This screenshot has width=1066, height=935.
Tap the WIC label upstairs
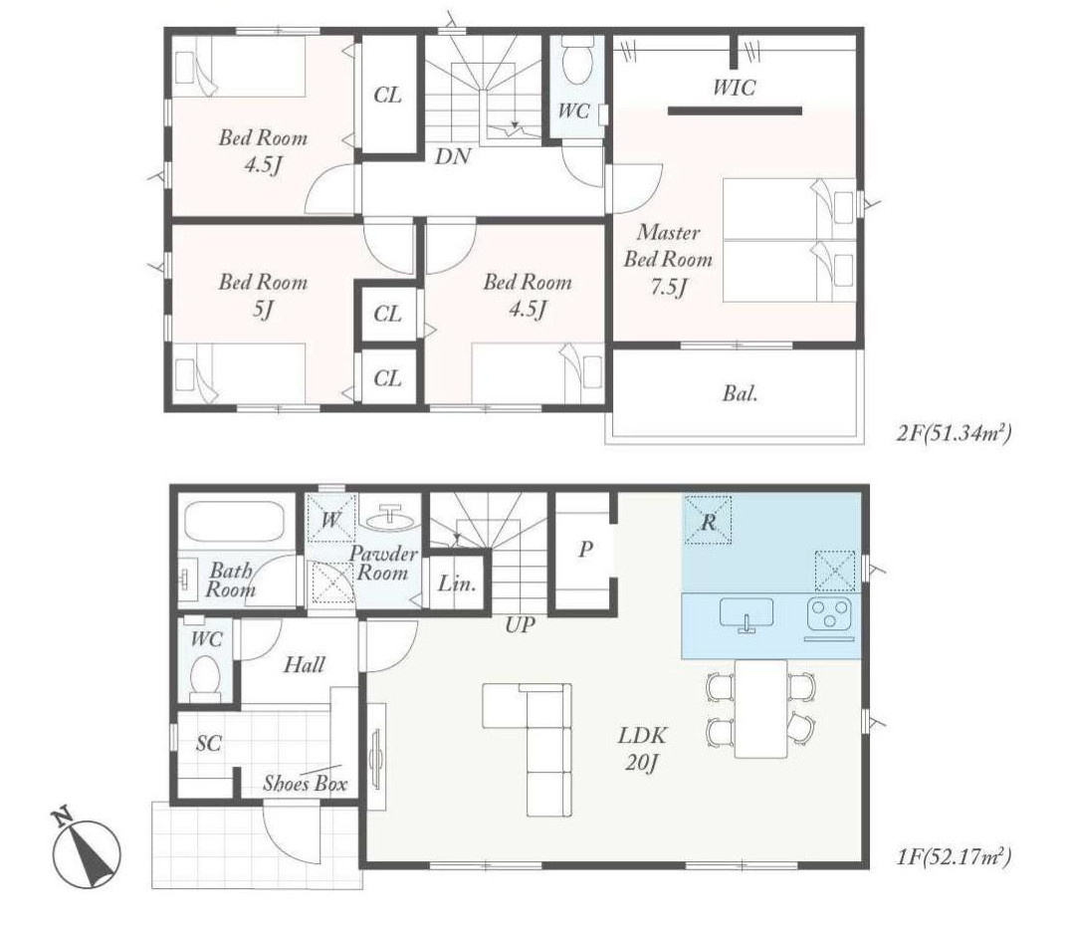[734, 88]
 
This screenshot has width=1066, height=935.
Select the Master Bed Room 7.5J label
[668, 260]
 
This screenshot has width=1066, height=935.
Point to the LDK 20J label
[642, 749]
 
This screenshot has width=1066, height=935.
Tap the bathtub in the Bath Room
[234, 522]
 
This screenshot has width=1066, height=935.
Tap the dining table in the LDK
[760, 708]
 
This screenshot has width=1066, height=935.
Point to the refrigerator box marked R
[708, 520]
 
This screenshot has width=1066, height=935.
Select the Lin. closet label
[457, 584]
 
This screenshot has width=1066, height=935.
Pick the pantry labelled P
[584, 550]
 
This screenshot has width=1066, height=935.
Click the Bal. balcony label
[740, 393]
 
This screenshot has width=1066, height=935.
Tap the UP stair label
[521, 624]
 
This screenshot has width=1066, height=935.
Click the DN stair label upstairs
[453, 156]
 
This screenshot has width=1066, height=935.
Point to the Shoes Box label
[306, 784]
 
